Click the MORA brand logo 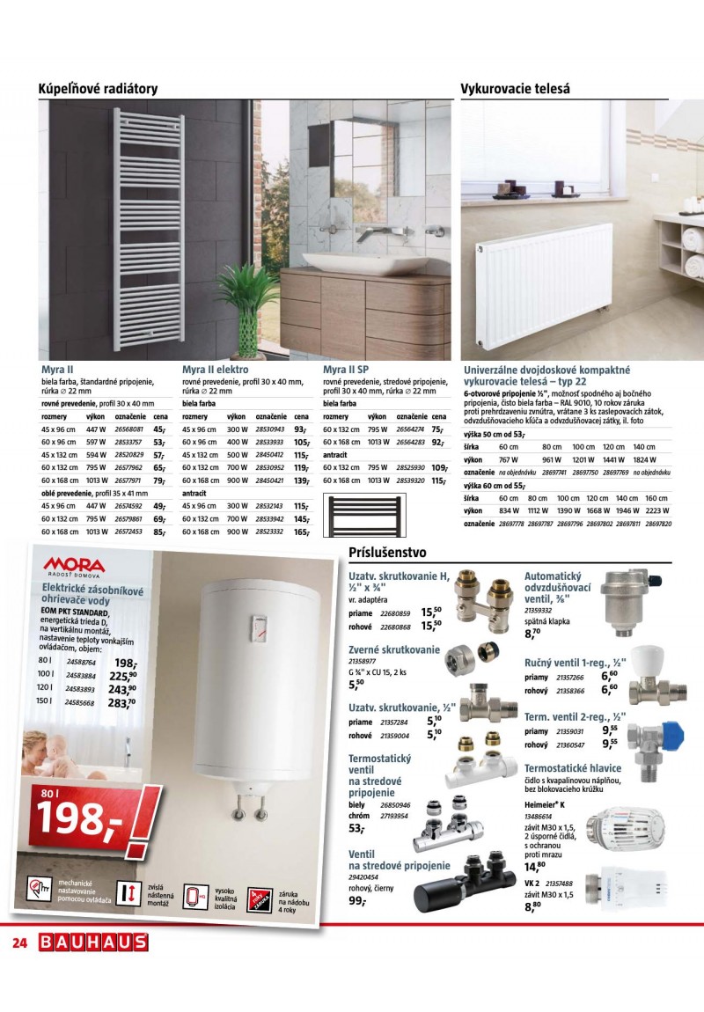pos(74,565)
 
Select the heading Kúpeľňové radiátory pos(98,89)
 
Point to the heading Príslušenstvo pos(387,553)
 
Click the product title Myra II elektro pos(215,370)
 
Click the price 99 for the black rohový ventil pos(357,901)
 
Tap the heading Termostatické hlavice pos(572,768)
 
